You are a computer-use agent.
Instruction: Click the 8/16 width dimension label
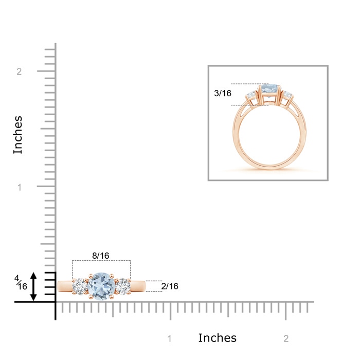tap(101, 256)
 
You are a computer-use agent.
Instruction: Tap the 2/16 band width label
tap(170, 286)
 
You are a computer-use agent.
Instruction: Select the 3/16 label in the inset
tap(223, 93)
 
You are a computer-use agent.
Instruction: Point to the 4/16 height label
tap(21, 282)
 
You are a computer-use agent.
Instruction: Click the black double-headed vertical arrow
tap(33, 286)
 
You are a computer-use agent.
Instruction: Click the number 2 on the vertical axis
tap(19, 71)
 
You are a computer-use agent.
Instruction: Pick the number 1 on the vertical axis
tap(20, 187)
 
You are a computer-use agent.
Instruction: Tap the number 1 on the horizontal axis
tap(169, 338)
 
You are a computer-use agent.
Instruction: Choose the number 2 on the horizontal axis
tap(286, 338)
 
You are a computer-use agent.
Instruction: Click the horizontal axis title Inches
tap(217, 338)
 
